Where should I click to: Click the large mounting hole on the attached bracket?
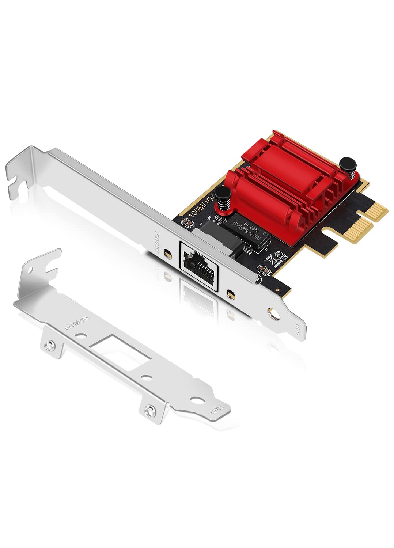(x=272, y=312)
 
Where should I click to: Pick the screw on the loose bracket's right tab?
(x=148, y=411)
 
